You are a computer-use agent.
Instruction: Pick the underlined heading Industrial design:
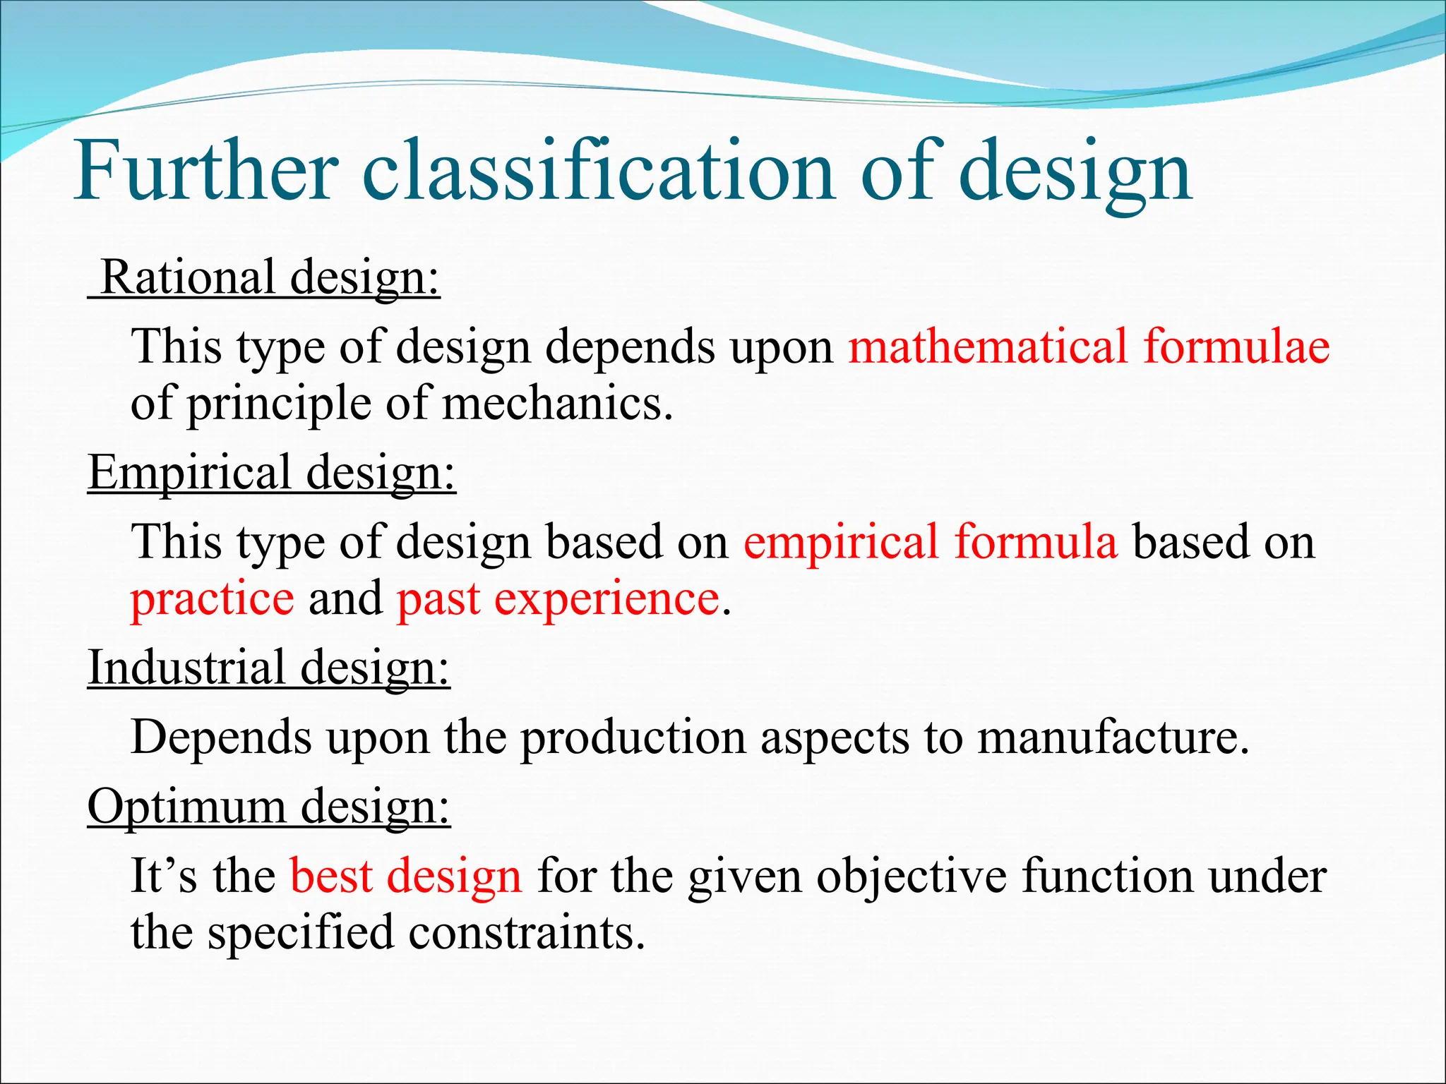pos(269,667)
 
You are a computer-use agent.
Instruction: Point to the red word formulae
pos(1236,347)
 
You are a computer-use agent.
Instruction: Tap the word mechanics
pos(557,404)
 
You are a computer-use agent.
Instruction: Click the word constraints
pos(527,932)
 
